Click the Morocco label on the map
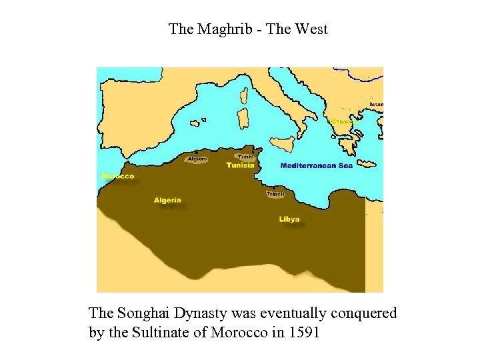pyautogui.click(x=118, y=177)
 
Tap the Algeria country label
pyautogui.click(x=167, y=200)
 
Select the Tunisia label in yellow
pyautogui.click(x=240, y=165)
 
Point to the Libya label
pyautogui.click(x=289, y=219)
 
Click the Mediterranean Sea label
pyautogui.click(x=316, y=165)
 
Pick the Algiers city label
pyautogui.click(x=197, y=159)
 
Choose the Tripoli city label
pyautogui.click(x=275, y=194)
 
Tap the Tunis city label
pyautogui.click(x=245, y=157)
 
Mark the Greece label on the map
pyautogui.click(x=341, y=121)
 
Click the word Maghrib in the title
pyautogui.click(x=222, y=29)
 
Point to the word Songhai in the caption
pyautogui.click(x=141, y=313)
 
